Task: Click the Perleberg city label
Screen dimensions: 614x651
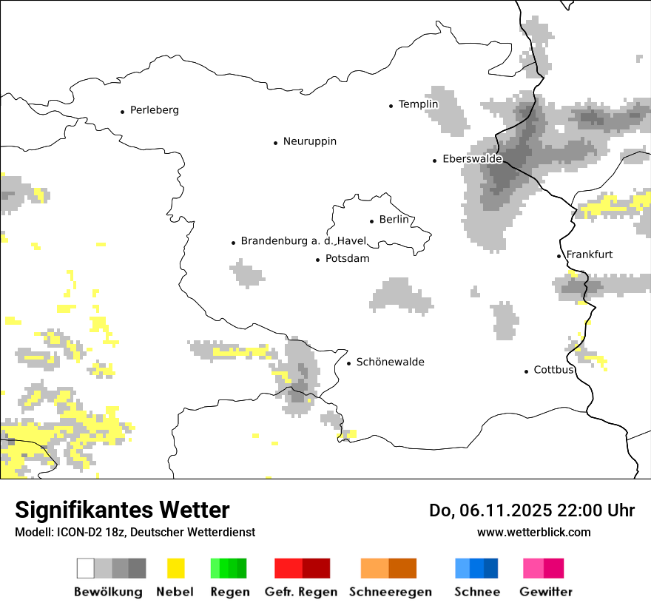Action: click(154, 110)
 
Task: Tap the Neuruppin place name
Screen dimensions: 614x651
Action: click(309, 141)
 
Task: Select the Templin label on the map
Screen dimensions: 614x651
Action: click(418, 104)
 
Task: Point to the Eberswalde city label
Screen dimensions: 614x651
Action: click(472, 159)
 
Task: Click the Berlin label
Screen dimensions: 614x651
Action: click(394, 220)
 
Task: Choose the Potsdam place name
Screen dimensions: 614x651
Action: click(347, 259)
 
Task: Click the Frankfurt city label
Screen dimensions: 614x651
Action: click(589, 254)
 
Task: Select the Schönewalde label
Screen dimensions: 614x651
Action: click(390, 362)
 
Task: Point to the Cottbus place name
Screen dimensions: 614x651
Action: click(553, 370)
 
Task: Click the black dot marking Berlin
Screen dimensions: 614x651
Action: click(372, 220)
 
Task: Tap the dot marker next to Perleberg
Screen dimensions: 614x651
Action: click(123, 112)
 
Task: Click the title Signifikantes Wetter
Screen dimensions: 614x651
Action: click(122, 510)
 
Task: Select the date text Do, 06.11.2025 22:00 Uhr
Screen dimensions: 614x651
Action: click(531, 510)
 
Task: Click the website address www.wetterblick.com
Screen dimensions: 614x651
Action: click(533, 532)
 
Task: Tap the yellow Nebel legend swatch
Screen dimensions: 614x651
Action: click(175, 568)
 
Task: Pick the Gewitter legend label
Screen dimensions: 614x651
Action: click(545, 592)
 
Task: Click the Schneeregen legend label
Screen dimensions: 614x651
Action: click(390, 592)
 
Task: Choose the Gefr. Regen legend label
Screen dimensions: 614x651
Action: click(301, 592)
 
